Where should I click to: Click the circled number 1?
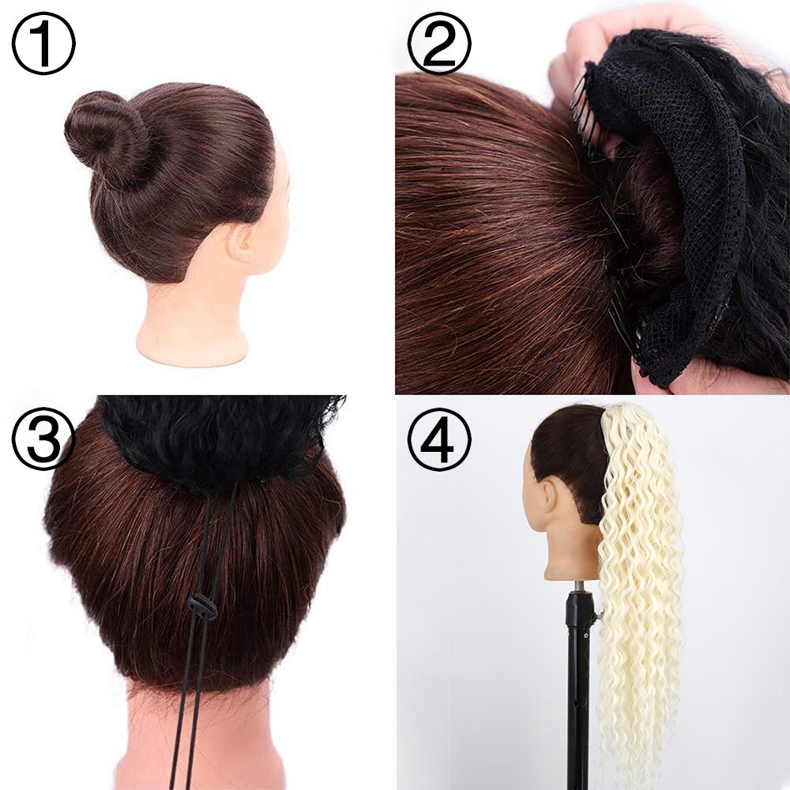coord(43,43)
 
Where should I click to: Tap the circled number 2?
coord(439,43)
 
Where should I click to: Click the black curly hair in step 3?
coord(221,434)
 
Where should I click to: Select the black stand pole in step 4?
coord(577,695)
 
